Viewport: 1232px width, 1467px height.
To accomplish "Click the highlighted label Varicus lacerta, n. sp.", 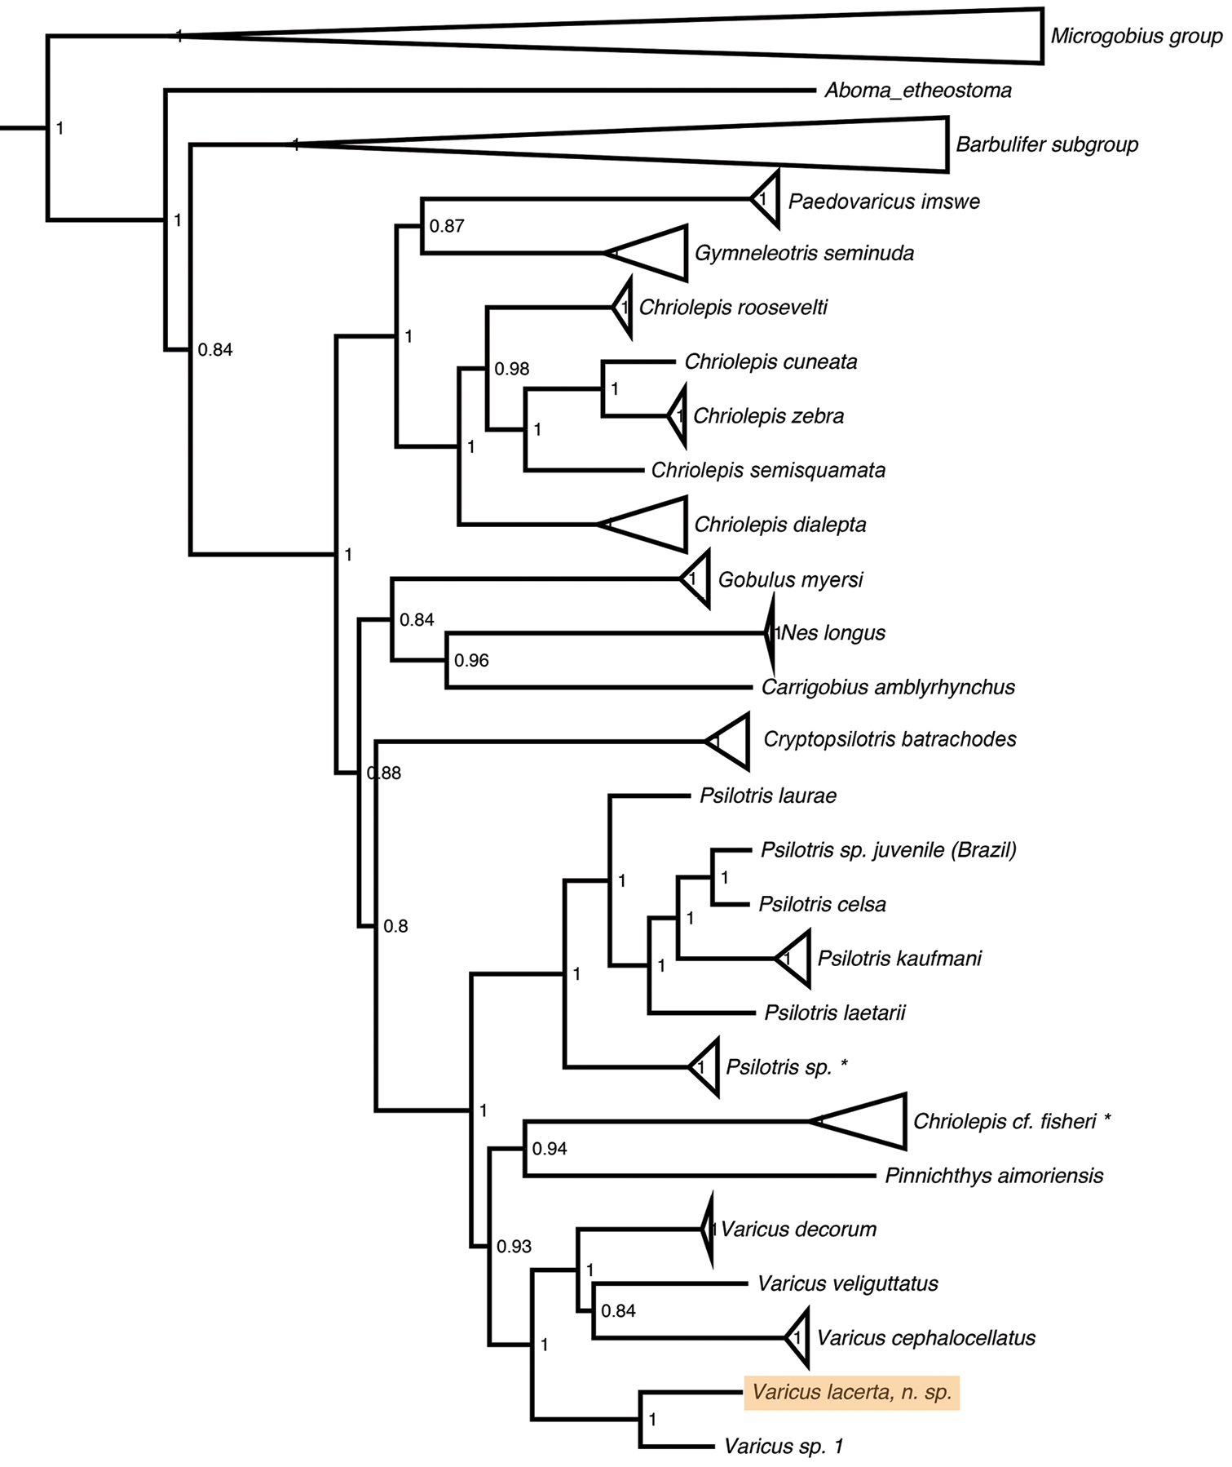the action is coord(851,1392).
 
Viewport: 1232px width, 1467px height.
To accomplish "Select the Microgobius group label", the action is coord(1137,36).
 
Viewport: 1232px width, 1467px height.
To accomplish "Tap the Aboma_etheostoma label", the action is coord(918,90).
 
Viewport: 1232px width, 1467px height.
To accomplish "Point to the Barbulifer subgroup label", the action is coord(1047,144).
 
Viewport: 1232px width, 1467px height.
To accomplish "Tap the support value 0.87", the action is coord(447,226).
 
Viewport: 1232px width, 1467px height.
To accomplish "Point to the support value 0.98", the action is coord(512,369).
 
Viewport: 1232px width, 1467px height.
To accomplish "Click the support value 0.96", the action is coord(471,660).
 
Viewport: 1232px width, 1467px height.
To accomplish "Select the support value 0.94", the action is coord(550,1149).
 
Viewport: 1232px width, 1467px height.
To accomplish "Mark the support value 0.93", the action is coord(514,1247).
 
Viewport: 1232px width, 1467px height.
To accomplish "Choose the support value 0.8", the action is coord(395,926).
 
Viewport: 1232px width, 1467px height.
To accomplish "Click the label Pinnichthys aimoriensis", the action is coord(994,1176).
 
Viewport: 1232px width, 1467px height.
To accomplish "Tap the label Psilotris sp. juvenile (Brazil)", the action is coord(889,850).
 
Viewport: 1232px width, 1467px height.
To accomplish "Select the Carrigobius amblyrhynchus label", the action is coord(888,687).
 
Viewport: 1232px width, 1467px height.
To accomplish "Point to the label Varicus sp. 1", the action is coord(784,1447).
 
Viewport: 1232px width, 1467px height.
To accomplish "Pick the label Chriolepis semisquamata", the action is coord(768,470).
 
